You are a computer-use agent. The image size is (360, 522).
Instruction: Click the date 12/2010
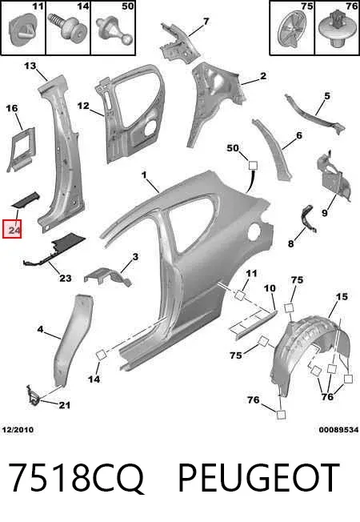tap(18, 430)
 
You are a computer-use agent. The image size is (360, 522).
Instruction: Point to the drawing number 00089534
tap(338, 430)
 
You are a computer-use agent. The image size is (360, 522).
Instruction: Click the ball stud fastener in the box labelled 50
tap(114, 31)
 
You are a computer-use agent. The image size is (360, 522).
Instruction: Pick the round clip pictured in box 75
tap(292, 30)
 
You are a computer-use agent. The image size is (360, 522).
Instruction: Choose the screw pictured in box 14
tap(67, 27)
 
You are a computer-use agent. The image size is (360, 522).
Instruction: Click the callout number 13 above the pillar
tap(30, 66)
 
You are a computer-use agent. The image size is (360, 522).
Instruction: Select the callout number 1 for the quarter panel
tap(144, 175)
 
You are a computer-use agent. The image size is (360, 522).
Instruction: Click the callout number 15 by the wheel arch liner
tap(342, 296)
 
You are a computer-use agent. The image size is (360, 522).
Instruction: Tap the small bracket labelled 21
tap(34, 396)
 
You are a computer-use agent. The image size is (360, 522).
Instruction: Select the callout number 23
tap(66, 278)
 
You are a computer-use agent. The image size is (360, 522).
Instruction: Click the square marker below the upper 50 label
tap(253, 165)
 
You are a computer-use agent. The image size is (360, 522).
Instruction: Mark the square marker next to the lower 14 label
tap(101, 355)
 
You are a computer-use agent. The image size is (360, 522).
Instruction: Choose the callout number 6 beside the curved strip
tap(298, 135)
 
